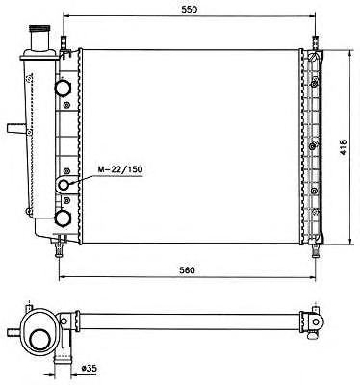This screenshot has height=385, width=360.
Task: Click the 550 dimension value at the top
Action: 190,10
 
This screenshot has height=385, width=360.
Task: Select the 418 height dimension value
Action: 343,147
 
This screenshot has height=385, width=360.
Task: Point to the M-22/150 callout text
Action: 119,169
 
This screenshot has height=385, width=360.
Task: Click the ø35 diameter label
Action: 89,369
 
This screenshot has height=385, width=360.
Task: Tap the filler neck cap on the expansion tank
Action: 39,29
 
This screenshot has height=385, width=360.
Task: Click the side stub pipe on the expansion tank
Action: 16,128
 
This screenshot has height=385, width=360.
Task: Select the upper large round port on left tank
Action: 64,87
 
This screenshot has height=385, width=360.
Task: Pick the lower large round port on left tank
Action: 64,218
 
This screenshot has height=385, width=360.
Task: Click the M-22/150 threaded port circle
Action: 64,185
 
